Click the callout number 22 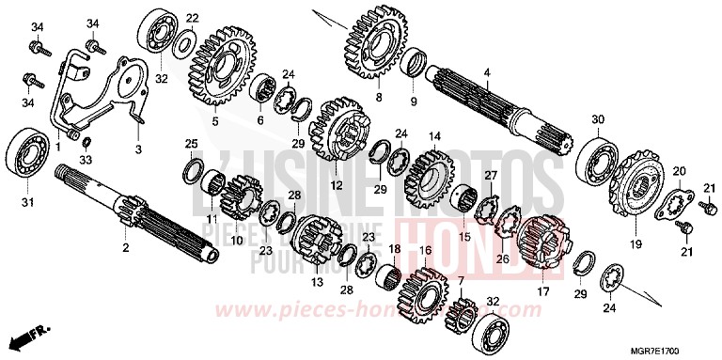click(x=192, y=18)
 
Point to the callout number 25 click(x=192, y=143)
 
